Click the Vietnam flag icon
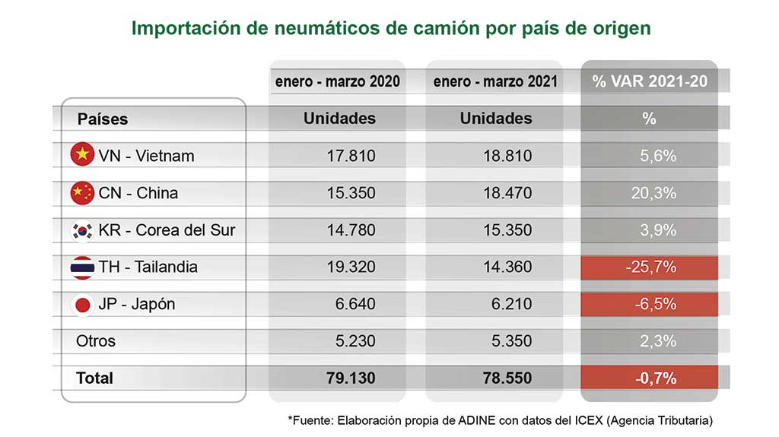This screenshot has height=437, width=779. coord(82,154)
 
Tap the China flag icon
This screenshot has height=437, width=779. coord(82,193)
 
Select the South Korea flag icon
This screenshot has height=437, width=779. coord(82,230)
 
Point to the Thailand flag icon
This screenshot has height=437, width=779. coord(82,268)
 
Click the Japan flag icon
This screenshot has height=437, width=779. coord(82,305)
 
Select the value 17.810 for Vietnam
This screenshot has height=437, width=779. coord(351,156)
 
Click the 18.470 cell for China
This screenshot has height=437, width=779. coord(507,193)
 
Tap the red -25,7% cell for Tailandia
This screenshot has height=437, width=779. coord(650,268)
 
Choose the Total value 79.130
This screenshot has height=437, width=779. coord(351,378)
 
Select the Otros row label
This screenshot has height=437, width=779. coord(95,341)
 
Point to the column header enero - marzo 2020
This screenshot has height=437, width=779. coord(337,81)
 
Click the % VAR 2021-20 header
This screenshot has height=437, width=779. coord(650,81)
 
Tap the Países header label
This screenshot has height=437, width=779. coord(103,119)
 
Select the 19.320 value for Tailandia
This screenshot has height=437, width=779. coord(351,268)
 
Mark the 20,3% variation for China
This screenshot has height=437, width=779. coord(653,193)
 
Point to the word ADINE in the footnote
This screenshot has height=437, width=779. coord(476,420)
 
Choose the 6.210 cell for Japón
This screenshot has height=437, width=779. coord(511,304)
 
